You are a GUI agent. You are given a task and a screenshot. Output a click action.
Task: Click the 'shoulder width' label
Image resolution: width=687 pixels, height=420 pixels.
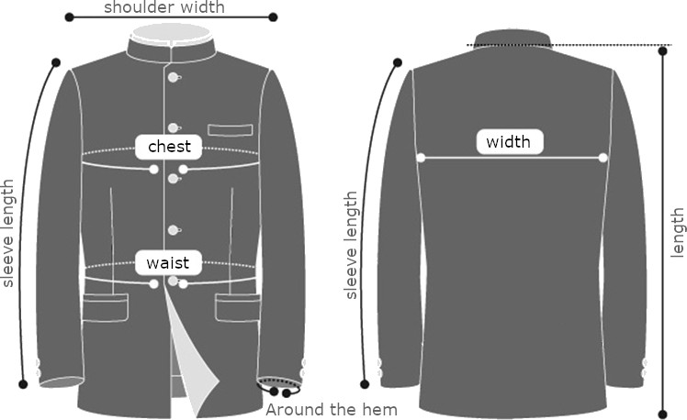tap(164, 7)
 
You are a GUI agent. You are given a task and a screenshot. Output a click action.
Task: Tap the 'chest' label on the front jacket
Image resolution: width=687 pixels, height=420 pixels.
tap(169, 146)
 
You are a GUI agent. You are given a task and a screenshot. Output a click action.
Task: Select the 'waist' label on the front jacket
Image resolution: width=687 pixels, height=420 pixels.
tap(168, 263)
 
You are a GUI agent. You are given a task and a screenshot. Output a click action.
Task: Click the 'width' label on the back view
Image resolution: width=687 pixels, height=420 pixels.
tap(509, 142)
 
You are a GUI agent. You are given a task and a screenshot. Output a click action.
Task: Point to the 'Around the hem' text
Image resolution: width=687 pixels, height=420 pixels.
tap(332, 410)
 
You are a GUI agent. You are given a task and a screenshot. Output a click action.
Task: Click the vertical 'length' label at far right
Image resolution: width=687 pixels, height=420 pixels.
tap(678, 233)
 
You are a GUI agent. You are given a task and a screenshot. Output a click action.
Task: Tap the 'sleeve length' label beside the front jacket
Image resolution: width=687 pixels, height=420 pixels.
tap(10, 232)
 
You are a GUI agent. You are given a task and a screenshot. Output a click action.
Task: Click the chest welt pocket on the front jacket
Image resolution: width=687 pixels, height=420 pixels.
tap(230, 129)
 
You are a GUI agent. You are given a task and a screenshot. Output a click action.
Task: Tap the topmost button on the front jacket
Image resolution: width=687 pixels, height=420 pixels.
tap(172, 77)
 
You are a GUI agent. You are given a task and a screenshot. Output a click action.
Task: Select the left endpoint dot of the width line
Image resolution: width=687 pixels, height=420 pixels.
tap(421, 158)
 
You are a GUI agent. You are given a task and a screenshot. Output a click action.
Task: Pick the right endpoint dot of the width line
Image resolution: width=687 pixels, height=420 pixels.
tap(603, 158)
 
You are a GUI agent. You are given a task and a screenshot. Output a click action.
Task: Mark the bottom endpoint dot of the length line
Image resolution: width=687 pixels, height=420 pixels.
tap(663, 413)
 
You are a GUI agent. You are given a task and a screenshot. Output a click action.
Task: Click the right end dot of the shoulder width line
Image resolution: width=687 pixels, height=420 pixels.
tap(273, 17)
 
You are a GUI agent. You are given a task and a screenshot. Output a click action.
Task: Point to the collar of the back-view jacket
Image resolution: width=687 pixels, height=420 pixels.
tap(512, 39)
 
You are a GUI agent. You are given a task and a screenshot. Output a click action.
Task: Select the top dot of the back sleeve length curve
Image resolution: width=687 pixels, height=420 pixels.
tap(398, 62)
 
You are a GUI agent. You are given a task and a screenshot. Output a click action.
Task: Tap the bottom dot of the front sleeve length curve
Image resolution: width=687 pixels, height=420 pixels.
tap(23, 383)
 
